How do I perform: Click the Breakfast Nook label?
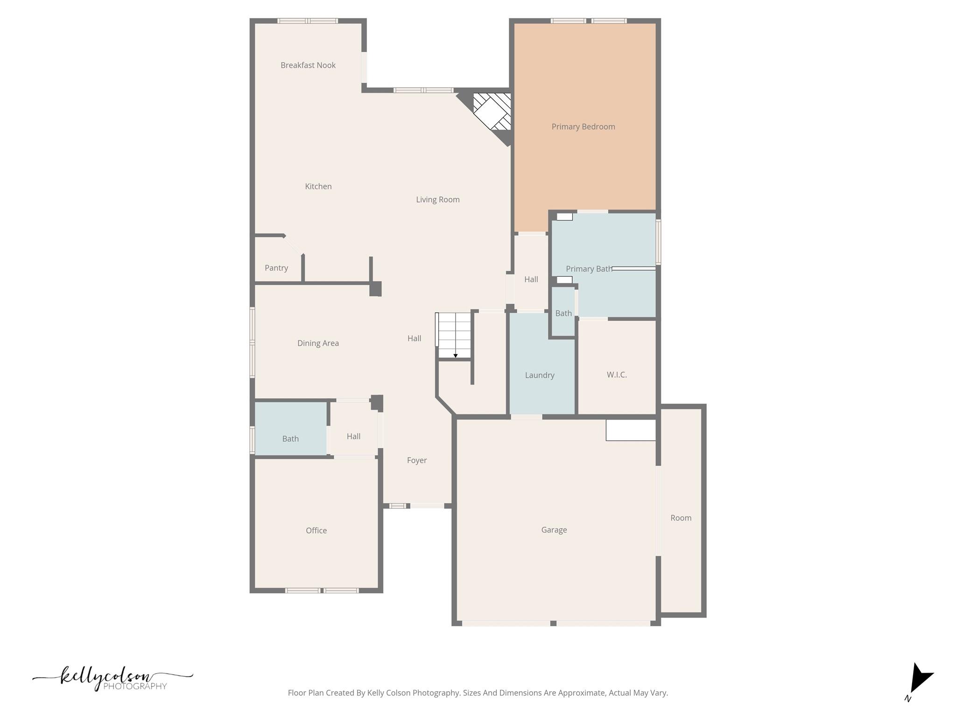(x=308, y=65)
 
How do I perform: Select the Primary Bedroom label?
(x=583, y=127)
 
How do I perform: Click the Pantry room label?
(x=276, y=268)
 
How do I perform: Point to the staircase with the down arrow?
(x=454, y=335)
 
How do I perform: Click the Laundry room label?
(x=540, y=375)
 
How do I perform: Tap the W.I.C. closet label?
(x=617, y=375)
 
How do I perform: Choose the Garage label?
(x=554, y=530)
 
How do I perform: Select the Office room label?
(x=316, y=530)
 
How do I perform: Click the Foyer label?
(x=417, y=460)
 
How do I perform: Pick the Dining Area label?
(x=318, y=343)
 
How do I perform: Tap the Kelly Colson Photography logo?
(x=112, y=678)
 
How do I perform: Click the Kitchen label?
(x=318, y=186)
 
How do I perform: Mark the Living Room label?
(x=437, y=200)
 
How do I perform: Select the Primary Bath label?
(x=589, y=269)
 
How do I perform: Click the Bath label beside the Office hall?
(x=290, y=439)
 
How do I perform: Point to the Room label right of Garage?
(x=681, y=518)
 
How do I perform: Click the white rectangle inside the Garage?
(x=631, y=430)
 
